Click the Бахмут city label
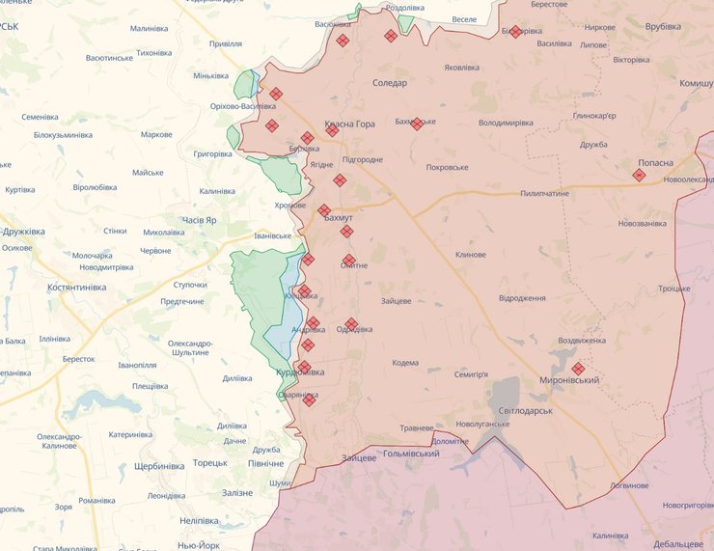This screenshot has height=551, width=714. point(339,219)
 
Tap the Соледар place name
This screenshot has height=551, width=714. point(390,83)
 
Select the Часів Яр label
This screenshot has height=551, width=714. point(199,220)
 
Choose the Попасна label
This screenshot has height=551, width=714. point(655,163)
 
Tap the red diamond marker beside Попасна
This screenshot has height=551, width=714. point(639,175)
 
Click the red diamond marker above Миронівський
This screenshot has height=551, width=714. point(577,369)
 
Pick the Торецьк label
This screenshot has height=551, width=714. point(208,463)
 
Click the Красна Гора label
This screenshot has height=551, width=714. point(350,124)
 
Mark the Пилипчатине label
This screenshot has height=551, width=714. point(544,194)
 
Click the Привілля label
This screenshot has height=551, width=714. point(226,43)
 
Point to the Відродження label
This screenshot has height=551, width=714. point(523,298)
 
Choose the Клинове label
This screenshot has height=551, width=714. point(471,255)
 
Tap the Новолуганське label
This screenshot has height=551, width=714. point(483,425)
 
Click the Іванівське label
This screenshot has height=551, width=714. point(272,235)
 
